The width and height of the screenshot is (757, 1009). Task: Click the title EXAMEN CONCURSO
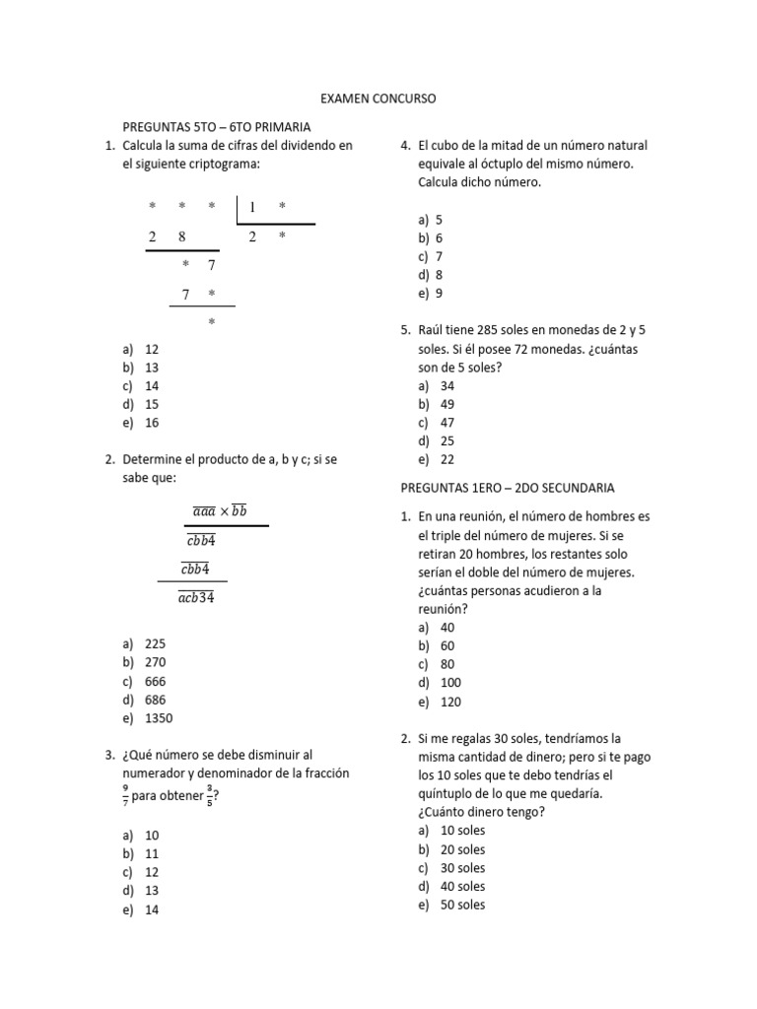(x=378, y=100)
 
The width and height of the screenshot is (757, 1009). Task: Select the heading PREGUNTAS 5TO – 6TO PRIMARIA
(x=216, y=127)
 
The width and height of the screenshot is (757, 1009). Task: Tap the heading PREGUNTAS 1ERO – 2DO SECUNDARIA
(x=507, y=488)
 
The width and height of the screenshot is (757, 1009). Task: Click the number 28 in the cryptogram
(x=168, y=236)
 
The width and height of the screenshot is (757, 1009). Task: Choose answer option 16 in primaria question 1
(x=152, y=423)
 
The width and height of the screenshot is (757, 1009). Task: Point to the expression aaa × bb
(x=219, y=510)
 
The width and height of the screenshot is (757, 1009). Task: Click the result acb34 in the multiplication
(x=196, y=598)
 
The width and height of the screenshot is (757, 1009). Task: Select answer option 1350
(x=158, y=718)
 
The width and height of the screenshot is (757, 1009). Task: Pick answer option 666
(x=155, y=681)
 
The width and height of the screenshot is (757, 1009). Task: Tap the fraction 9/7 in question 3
(x=125, y=794)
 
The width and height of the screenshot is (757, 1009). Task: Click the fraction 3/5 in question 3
(x=209, y=794)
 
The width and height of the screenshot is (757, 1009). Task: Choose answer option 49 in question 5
(x=447, y=404)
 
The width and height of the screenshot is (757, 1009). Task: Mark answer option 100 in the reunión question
(x=450, y=682)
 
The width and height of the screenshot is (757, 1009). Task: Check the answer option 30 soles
(x=462, y=868)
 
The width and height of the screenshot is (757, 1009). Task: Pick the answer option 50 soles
(x=462, y=905)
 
